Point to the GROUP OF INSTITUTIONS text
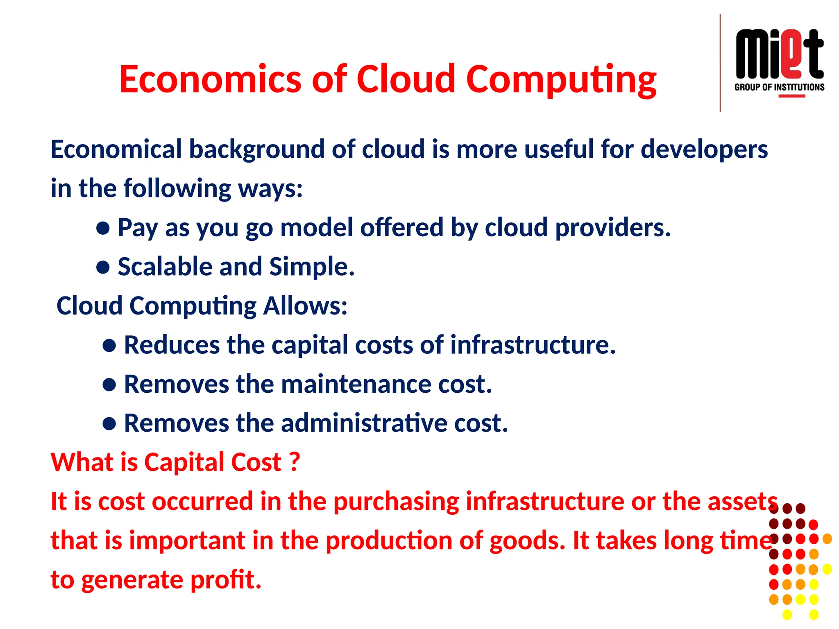click(x=779, y=87)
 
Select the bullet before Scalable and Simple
click(x=103, y=267)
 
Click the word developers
click(x=704, y=149)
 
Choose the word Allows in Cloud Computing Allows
click(x=305, y=306)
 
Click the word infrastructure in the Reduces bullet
click(x=533, y=345)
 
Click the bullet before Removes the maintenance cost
click(x=109, y=385)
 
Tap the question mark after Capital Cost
click(x=295, y=462)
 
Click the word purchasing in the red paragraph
click(x=396, y=501)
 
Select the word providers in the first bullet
click(x=612, y=228)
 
